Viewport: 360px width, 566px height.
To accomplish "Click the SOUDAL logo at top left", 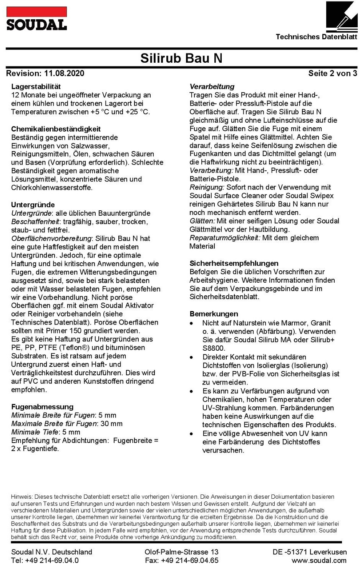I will click(x=36, y=19).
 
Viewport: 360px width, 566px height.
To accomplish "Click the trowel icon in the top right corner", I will click(x=342, y=17).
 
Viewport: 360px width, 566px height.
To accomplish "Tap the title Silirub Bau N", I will click(x=181, y=58).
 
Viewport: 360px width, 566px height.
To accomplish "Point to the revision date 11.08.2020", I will click(x=64, y=73).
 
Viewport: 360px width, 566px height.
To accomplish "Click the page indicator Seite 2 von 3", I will click(x=332, y=73).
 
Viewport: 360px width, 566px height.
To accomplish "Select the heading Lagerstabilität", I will click(x=36, y=87).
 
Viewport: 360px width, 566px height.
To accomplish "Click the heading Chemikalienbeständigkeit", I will click(x=56, y=129).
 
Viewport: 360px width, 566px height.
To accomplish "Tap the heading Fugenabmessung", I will click(x=42, y=407).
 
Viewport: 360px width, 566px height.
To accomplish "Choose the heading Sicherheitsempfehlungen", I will click(x=234, y=263).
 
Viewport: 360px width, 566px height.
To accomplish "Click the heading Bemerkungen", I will click(x=214, y=314).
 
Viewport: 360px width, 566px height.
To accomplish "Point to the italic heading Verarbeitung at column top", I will click(x=212, y=87).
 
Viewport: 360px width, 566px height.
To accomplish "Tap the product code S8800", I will click(x=214, y=348).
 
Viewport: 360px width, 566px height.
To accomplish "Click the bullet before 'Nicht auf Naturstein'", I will click(x=192, y=324).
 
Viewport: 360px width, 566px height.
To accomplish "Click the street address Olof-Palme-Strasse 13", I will click(x=181, y=552).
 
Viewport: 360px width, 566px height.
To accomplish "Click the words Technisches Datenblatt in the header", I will click(x=316, y=37).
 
